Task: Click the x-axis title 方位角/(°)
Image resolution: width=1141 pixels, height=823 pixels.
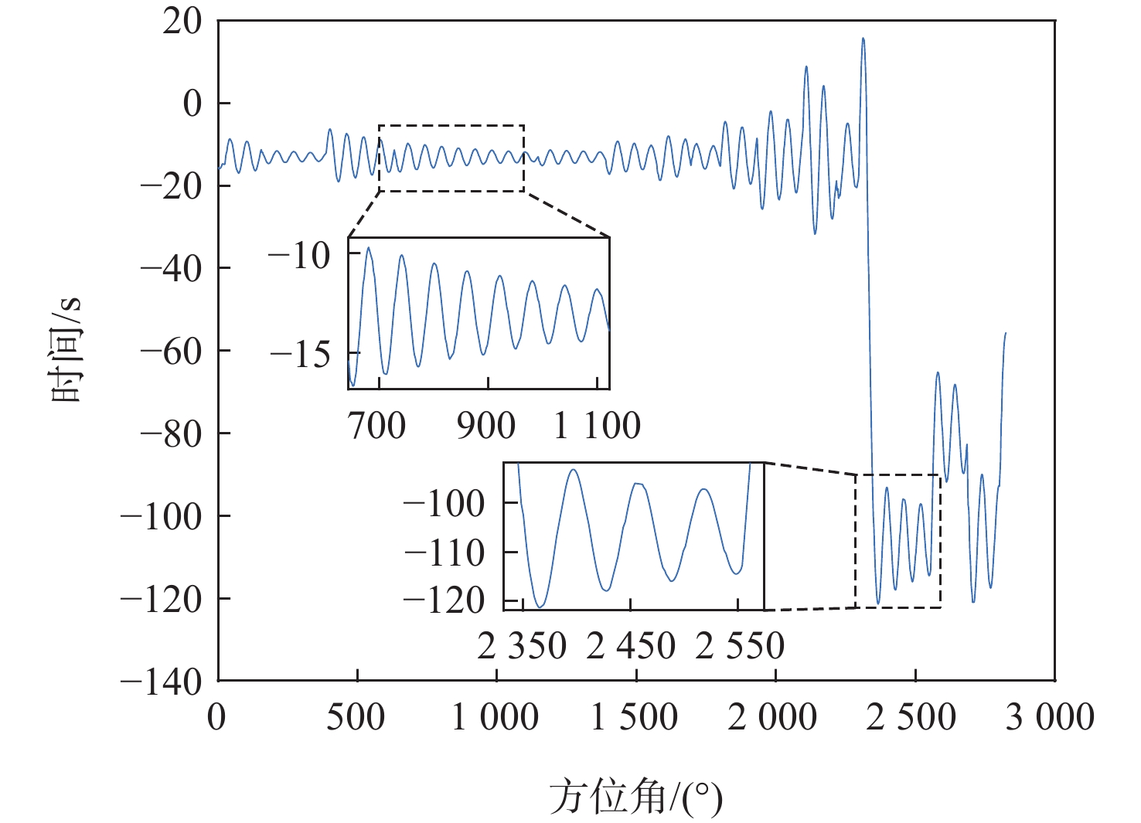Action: coord(635,797)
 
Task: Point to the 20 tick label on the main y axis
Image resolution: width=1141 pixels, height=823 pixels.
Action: coord(182,22)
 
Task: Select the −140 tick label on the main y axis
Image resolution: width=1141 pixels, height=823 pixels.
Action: coord(162,682)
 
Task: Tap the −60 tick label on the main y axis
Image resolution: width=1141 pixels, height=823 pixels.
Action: coord(172,352)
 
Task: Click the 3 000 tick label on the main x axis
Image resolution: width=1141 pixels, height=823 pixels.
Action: coord(1050,717)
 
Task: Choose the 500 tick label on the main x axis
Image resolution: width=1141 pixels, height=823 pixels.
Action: coord(356,717)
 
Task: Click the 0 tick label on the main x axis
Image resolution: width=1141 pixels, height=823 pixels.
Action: coord(217,717)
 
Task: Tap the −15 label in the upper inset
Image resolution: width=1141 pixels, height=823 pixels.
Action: coord(300,355)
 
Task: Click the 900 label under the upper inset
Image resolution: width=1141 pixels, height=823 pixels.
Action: coord(485,426)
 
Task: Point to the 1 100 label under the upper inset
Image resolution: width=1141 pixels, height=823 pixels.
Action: coord(597,426)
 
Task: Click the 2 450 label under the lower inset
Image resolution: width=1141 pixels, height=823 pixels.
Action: coord(631,646)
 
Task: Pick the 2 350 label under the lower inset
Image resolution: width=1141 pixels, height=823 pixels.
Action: coord(522,646)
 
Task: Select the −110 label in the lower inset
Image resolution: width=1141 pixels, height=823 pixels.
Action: coord(444,553)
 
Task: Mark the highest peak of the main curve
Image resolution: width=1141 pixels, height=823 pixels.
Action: coord(863,39)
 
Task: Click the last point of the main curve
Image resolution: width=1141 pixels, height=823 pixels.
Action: coord(1005,333)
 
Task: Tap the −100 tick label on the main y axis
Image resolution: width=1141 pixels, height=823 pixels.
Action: coord(162,516)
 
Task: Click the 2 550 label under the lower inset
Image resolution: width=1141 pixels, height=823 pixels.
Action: coord(740,646)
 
